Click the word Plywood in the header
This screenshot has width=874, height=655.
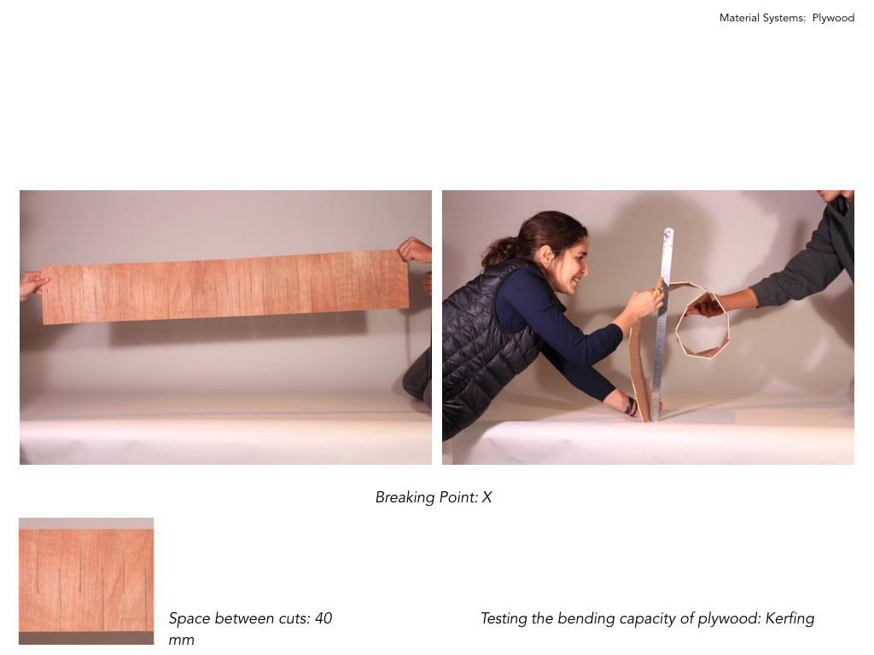click(x=833, y=18)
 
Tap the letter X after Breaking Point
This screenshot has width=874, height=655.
click(x=487, y=497)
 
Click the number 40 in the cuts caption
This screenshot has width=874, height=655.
click(x=323, y=618)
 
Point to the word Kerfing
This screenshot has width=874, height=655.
click(x=790, y=619)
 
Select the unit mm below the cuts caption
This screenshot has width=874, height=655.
click(x=181, y=640)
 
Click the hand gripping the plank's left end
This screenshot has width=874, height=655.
click(x=33, y=285)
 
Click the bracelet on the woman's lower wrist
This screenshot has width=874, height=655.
click(x=631, y=406)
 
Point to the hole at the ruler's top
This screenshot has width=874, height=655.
click(x=668, y=232)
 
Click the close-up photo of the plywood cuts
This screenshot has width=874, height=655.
click(x=86, y=581)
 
